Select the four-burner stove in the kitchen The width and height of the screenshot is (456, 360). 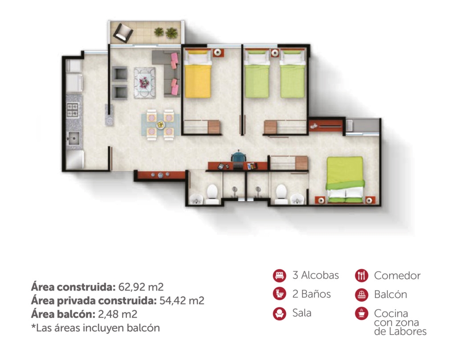coord(72,110)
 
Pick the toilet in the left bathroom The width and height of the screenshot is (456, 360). coord(212,193)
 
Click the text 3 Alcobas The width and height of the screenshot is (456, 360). coord(315,275)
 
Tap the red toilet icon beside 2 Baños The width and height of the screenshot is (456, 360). coord(279,294)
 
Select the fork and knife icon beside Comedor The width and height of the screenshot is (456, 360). coord(361,276)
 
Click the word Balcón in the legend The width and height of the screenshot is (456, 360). coord(390,295)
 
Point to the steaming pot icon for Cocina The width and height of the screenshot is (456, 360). coord(361,313)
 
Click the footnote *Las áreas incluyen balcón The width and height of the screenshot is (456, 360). coord(95,328)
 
